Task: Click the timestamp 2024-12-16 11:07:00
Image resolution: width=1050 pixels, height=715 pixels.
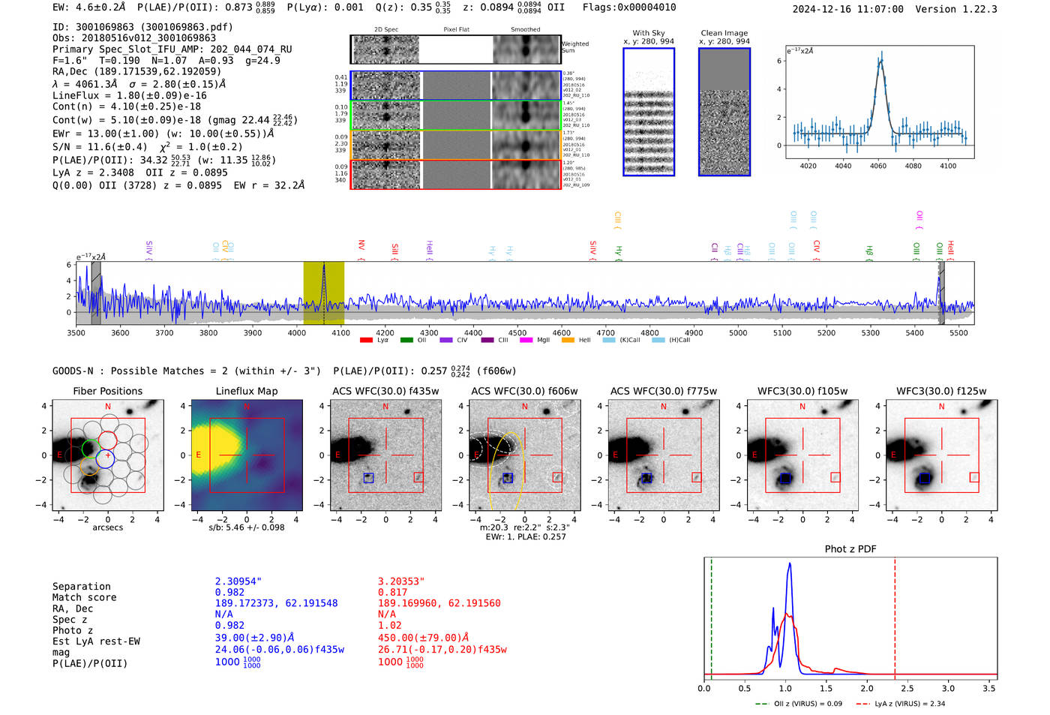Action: pyautogui.click(x=847, y=9)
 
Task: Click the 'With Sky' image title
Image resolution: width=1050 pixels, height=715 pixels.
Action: pyautogui.click(x=648, y=33)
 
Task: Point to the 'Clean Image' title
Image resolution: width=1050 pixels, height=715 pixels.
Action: pyautogui.click(x=724, y=33)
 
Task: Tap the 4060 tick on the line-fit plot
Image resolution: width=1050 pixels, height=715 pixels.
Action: pyautogui.click(x=877, y=166)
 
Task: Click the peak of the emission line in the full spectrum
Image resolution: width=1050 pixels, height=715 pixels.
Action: pyautogui.click(x=324, y=266)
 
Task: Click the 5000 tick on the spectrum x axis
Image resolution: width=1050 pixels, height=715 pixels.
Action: pyautogui.click(x=738, y=333)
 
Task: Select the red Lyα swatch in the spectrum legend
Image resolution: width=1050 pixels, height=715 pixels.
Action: pyautogui.click(x=366, y=341)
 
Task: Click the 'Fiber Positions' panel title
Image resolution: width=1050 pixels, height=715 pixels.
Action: pyautogui.click(x=107, y=391)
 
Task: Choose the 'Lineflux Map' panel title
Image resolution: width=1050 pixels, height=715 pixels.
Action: pyautogui.click(x=246, y=391)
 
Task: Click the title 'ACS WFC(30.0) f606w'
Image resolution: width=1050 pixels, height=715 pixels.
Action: pyautogui.click(x=524, y=391)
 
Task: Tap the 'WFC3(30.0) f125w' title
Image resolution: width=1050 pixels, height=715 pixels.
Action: pyautogui.click(x=941, y=391)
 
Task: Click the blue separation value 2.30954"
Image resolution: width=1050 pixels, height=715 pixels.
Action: pyautogui.click(x=238, y=581)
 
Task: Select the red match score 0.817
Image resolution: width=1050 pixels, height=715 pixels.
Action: pyautogui.click(x=392, y=592)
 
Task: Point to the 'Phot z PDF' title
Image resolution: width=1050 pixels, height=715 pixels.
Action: pyautogui.click(x=850, y=549)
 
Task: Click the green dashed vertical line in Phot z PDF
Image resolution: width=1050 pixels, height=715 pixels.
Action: pyautogui.click(x=711, y=615)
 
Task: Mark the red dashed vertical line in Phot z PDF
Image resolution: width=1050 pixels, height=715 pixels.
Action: pyautogui.click(x=895, y=615)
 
